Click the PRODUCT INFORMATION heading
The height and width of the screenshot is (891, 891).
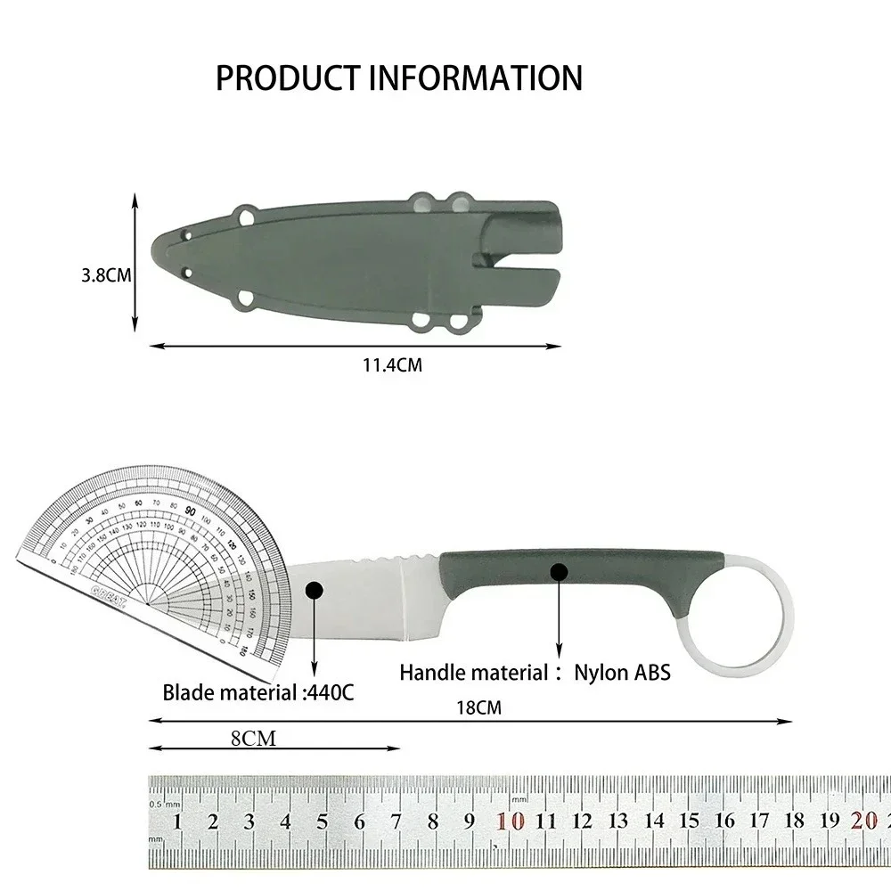click(x=398, y=78)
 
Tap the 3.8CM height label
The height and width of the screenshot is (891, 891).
click(x=106, y=276)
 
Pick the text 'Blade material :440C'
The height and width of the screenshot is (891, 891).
click(x=257, y=691)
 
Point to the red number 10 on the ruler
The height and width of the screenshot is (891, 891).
click(x=511, y=822)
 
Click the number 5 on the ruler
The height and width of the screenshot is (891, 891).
click(x=323, y=822)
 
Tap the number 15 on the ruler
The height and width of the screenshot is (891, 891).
click(x=690, y=822)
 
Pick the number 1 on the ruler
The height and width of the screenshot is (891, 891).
click(x=177, y=822)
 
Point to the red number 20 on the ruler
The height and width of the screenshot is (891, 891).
click(x=862, y=822)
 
